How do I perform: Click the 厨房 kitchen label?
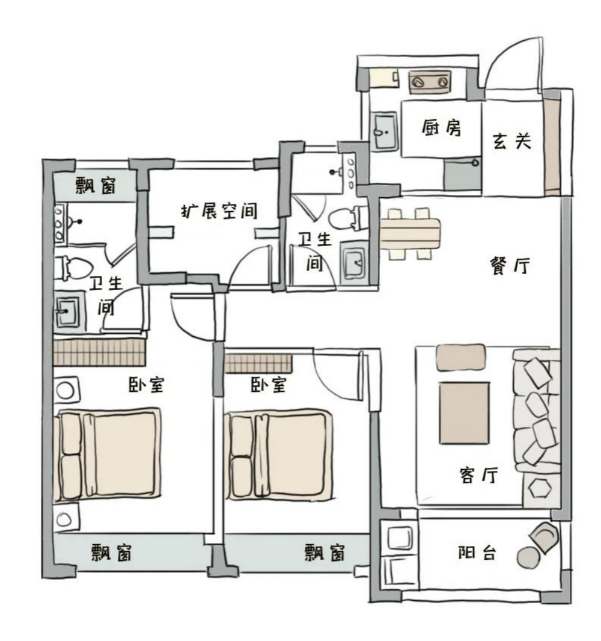(x=441, y=128)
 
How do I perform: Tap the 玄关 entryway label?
(x=512, y=142)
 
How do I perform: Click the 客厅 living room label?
(x=478, y=476)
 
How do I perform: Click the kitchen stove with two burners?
(x=430, y=81)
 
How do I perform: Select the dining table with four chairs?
(x=410, y=234)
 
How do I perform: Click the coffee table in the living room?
(x=463, y=413)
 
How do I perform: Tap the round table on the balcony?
(x=529, y=557)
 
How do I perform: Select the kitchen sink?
(x=383, y=129)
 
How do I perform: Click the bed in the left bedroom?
(x=108, y=455)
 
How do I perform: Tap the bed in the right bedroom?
(x=279, y=455)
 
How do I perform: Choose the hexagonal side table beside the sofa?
(x=542, y=489)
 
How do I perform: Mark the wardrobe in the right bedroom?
(x=258, y=363)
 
